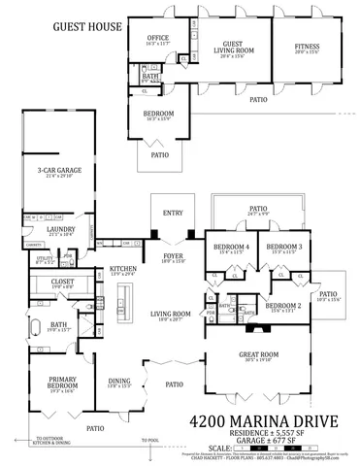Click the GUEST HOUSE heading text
[60, 29]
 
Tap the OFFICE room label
[157, 38]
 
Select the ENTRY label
[173, 213]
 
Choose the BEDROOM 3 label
[284, 247]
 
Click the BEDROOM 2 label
[283, 305]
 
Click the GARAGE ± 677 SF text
[267, 440]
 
